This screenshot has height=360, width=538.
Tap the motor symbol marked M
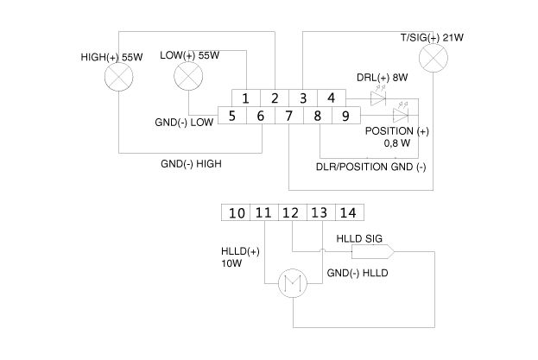click(291, 282)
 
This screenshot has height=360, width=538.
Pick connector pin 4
click(331, 98)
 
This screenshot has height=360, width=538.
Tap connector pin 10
click(237, 212)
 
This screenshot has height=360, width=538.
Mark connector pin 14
click(349, 212)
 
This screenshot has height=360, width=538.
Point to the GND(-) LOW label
click(185, 122)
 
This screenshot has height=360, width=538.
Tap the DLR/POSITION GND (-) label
click(370, 166)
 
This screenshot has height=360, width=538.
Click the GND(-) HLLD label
click(358, 273)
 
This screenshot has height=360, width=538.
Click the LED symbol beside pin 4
click(377, 99)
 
